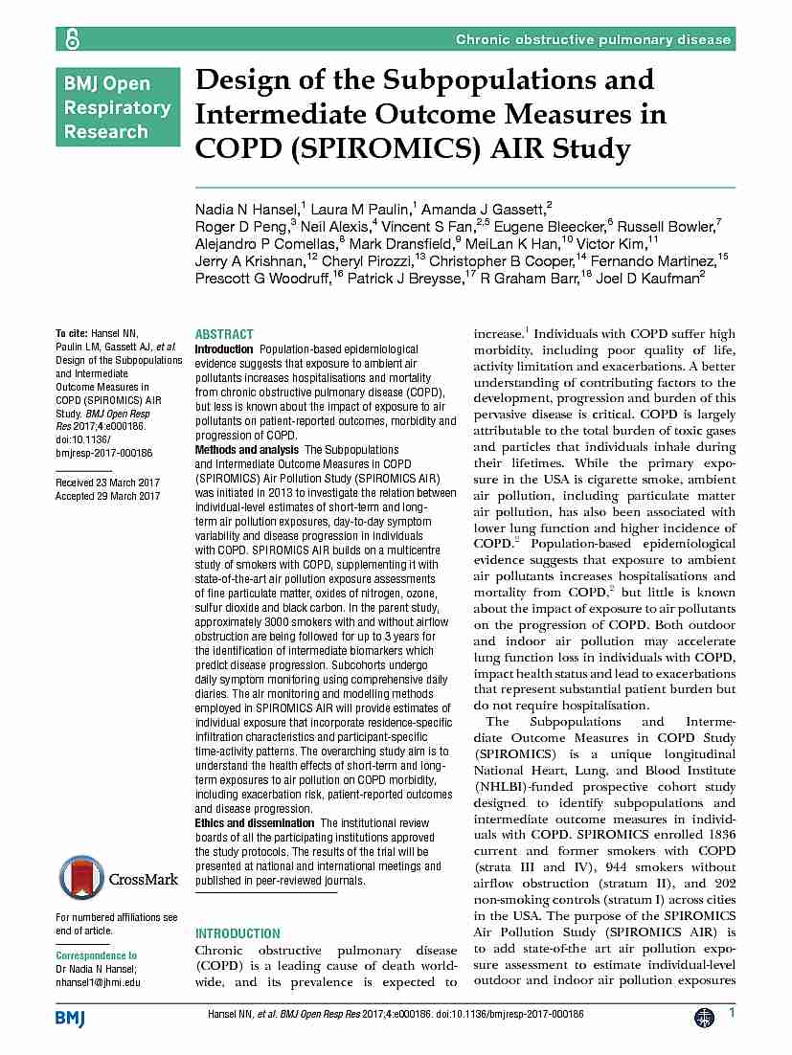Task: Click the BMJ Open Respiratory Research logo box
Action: click(x=118, y=106)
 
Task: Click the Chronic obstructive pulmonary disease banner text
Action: click(x=593, y=39)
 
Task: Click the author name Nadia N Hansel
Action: click(x=248, y=209)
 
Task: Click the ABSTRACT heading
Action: click(x=224, y=334)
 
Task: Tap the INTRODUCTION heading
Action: click(x=238, y=932)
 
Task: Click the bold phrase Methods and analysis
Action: click(x=246, y=449)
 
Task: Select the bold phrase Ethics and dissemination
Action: click(x=255, y=822)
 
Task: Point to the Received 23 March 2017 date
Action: click(x=108, y=483)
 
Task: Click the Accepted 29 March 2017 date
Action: click(x=108, y=496)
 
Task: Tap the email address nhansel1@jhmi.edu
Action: click(x=98, y=981)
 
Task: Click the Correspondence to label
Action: click(x=97, y=955)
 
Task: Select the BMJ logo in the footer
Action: click(x=70, y=1018)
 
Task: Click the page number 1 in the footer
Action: click(x=732, y=1013)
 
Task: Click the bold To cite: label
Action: click(x=73, y=334)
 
